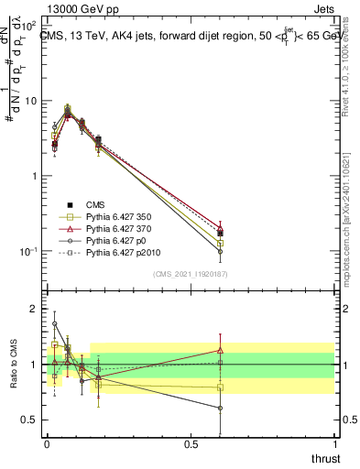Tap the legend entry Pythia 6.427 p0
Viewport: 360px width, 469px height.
(x=113, y=240)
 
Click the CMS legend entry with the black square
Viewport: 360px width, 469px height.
(x=97, y=204)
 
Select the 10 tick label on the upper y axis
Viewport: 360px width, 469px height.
(x=29, y=101)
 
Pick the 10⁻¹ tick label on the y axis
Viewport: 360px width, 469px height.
(x=27, y=251)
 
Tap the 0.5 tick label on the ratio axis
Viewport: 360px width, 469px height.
(x=29, y=420)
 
